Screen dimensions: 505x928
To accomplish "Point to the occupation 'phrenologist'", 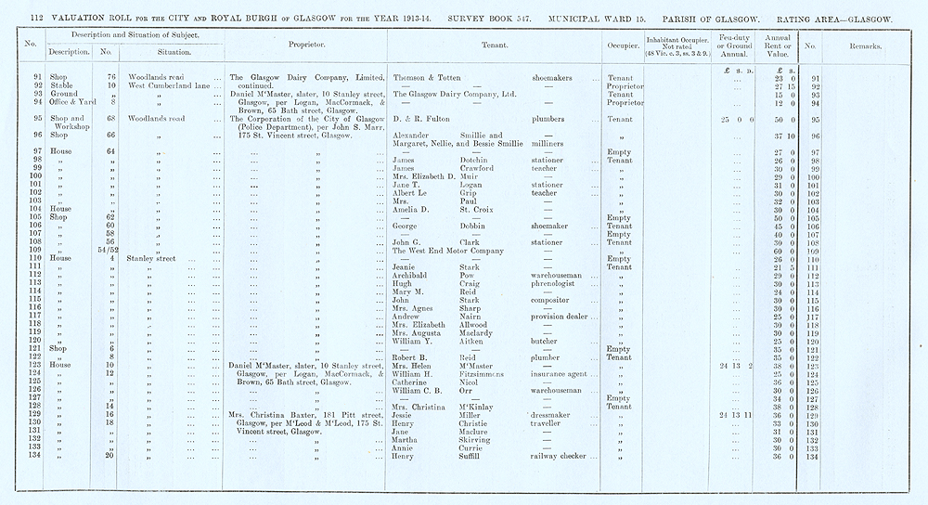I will tap(561, 284).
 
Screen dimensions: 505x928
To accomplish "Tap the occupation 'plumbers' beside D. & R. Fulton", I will tap(551, 119).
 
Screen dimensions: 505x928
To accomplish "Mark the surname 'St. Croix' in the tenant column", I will tap(476, 210).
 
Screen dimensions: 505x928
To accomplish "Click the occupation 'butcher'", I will tap(548, 342).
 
